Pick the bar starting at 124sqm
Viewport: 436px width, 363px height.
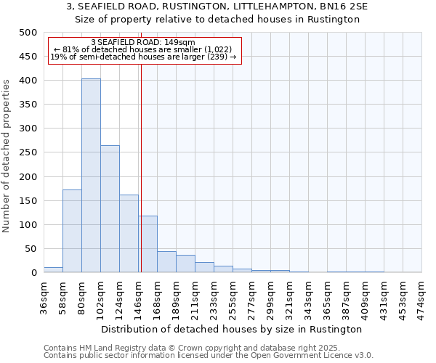[129, 233]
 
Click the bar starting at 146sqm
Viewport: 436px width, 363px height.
[148, 244]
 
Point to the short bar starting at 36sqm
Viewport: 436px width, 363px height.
[53, 269]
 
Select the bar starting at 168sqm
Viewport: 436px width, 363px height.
[166, 262]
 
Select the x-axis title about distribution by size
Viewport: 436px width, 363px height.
[233, 329]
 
